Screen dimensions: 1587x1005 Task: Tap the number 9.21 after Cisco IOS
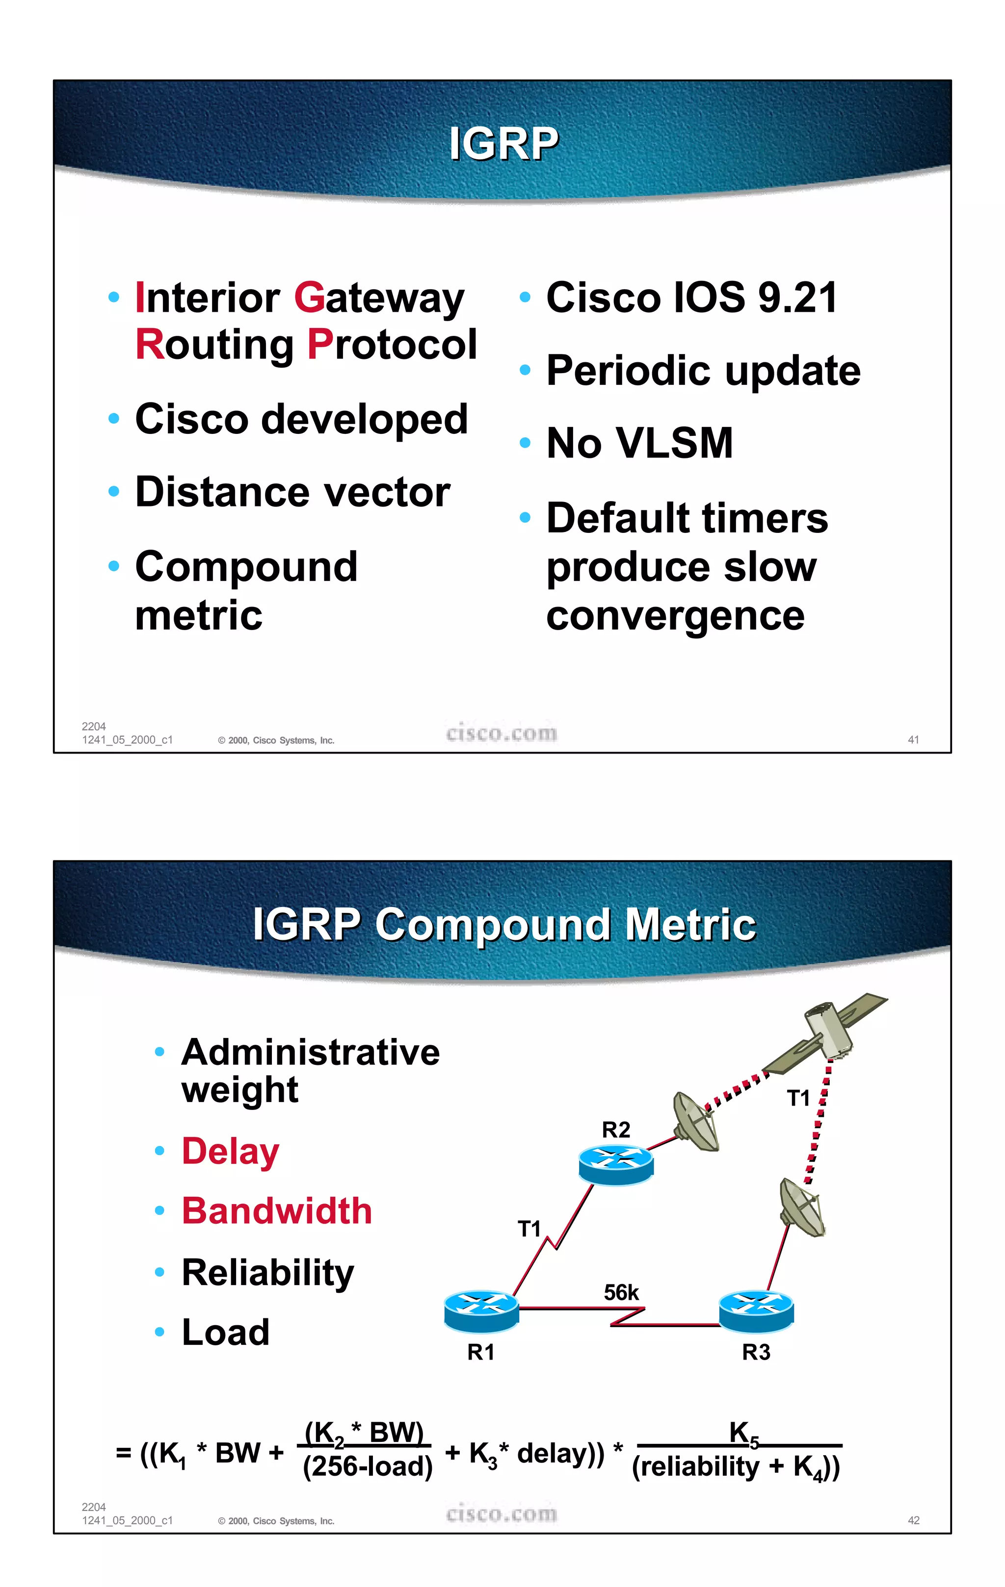click(x=797, y=298)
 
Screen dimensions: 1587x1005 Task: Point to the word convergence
click(x=675, y=616)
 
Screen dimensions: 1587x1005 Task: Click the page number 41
click(x=913, y=739)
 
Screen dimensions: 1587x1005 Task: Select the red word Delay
click(x=230, y=1151)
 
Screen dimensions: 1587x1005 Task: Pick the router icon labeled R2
click(x=616, y=1164)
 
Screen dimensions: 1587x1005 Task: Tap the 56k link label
click(x=621, y=1292)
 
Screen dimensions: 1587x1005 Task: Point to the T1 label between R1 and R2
click(x=529, y=1229)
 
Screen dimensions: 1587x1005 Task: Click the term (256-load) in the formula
click(x=368, y=1466)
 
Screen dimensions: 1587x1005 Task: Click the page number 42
click(x=913, y=1520)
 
